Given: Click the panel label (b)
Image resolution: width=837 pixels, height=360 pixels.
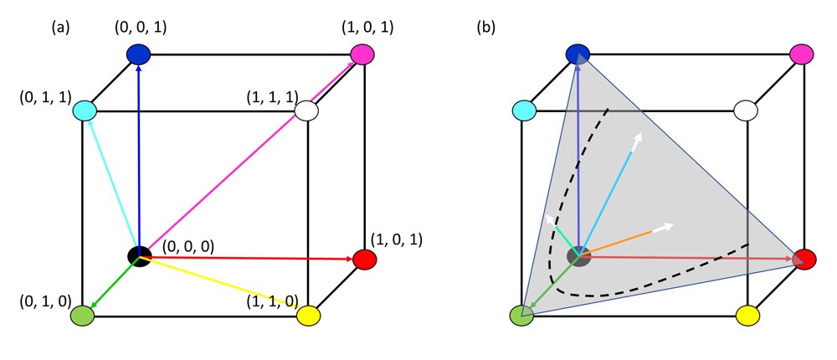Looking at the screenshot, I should coord(486,27).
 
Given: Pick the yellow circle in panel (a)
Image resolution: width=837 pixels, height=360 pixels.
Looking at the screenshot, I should coord(309,316).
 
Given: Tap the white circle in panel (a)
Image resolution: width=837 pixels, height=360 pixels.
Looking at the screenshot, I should coord(309,111).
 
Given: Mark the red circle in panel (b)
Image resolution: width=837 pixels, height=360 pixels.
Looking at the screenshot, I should coord(804,259).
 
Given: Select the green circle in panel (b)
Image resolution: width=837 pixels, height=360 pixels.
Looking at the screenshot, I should coord(522,316).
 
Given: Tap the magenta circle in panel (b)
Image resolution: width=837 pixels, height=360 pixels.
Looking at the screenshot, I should coord(802,54).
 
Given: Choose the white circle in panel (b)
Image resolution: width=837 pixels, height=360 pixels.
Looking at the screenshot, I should coord(746,111).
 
